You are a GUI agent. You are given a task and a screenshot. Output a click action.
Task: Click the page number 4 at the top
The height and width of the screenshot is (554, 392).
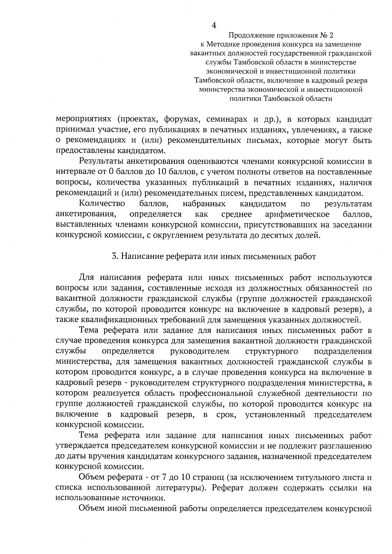214,25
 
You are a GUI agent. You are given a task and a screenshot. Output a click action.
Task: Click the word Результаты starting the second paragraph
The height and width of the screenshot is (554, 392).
101,162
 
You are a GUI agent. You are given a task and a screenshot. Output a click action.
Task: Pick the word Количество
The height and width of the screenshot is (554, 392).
102,204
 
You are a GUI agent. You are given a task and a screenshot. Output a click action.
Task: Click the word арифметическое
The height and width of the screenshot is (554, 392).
297,214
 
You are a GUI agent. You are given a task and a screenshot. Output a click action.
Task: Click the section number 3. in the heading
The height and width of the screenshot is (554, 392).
115,257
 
